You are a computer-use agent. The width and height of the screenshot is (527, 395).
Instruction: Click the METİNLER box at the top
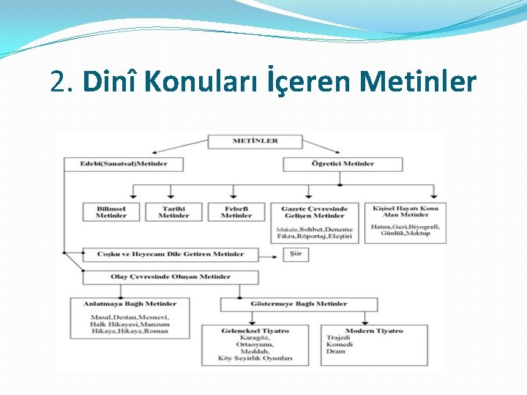coord(255,140)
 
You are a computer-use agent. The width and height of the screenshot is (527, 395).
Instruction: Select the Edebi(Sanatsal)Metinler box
coord(124,164)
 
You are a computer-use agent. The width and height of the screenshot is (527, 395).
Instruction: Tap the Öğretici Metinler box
coord(343,164)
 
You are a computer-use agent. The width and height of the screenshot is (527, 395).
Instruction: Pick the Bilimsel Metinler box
coord(111,212)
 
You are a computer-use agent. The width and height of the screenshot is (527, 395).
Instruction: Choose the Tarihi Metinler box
coord(173,212)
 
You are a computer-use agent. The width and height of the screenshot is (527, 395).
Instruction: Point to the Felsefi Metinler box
coord(236,212)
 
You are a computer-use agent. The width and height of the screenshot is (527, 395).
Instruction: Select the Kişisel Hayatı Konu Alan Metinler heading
coord(405,211)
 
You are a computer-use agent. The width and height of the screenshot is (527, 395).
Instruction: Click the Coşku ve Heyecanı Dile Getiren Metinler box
coord(171,254)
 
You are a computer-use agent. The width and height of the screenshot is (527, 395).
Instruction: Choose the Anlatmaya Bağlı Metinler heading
coord(129,304)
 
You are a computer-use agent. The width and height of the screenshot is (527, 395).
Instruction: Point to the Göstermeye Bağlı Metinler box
coord(299,304)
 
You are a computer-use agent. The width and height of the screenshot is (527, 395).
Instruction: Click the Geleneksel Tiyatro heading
coord(255,331)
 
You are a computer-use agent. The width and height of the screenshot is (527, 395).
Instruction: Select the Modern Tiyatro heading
coord(373,331)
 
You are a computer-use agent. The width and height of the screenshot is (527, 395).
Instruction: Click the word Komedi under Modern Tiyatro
coord(340,345)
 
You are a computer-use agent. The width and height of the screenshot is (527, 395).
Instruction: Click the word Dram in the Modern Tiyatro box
coord(336,352)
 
